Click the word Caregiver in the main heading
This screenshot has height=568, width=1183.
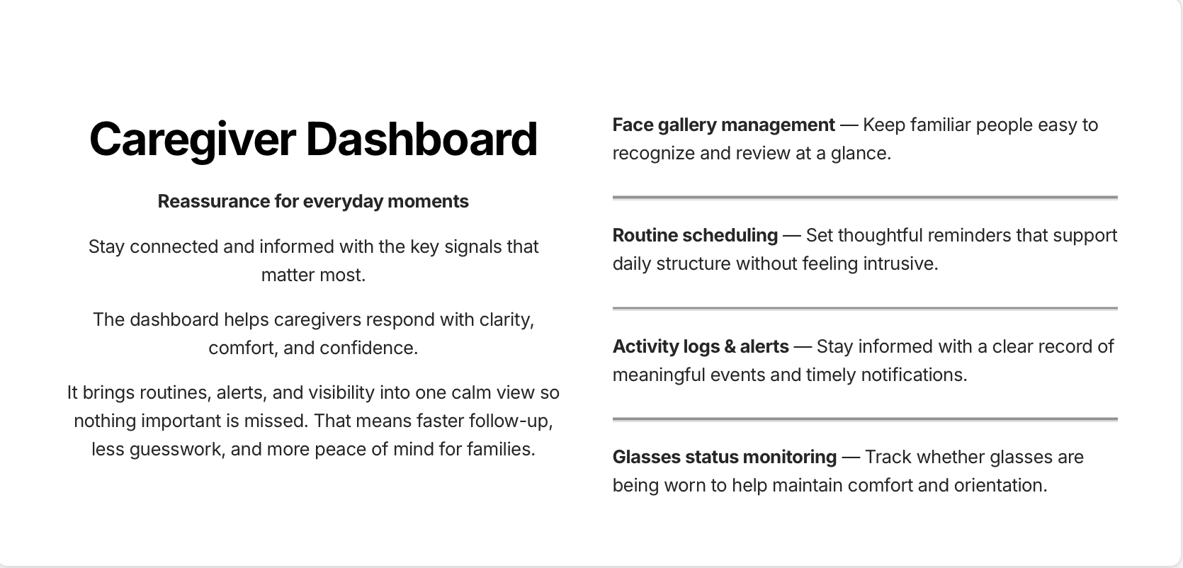(x=192, y=140)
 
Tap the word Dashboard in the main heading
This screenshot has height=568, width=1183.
(x=421, y=139)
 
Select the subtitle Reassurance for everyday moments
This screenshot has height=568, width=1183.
(x=313, y=202)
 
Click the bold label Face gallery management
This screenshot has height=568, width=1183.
(x=723, y=125)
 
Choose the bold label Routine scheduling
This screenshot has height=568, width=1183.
(x=695, y=236)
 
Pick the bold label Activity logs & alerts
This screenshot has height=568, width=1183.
(x=701, y=346)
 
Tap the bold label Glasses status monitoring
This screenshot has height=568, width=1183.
(x=725, y=457)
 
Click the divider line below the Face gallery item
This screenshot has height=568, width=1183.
(x=865, y=198)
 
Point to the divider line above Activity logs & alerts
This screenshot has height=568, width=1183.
(x=865, y=308)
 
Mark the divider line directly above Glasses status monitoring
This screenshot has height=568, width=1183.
(x=865, y=420)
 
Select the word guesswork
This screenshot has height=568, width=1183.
(x=177, y=450)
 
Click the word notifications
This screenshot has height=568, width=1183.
(x=915, y=375)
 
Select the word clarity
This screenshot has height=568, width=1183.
(x=506, y=320)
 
